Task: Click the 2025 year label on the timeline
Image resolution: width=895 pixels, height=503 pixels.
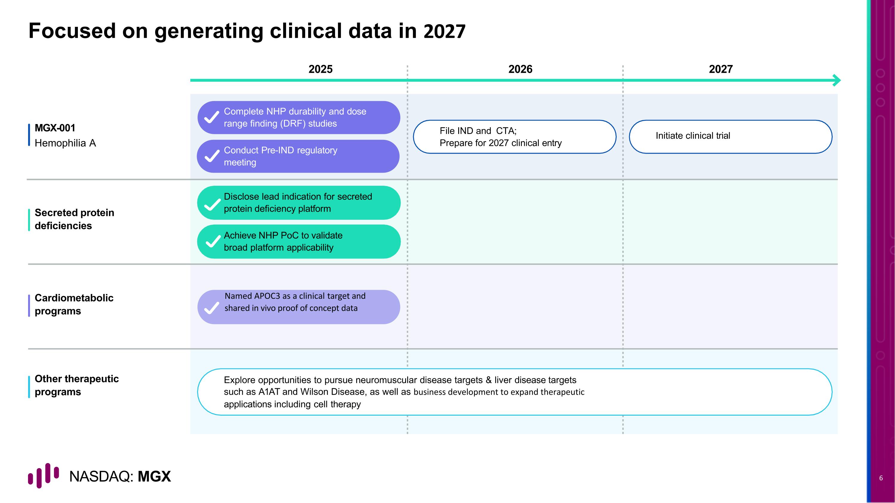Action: point(320,69)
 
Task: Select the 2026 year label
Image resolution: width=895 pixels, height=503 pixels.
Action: point(520,69)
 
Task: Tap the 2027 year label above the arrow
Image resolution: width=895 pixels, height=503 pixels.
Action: point(720,69)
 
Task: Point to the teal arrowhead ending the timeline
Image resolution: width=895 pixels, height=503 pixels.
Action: point(837,80)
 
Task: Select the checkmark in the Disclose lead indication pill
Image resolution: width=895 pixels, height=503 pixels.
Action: point(212,205)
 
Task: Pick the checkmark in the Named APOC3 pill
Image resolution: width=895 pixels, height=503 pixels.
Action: point(212,308)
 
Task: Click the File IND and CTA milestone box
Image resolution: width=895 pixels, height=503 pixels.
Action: point(514,137)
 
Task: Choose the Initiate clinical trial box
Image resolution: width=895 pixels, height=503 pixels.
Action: point(730,137)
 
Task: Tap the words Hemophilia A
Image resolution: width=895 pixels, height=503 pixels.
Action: point(65,143)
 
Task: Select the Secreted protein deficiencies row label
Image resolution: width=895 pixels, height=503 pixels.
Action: point(74,219)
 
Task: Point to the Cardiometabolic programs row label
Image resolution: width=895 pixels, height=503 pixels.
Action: point(74,304)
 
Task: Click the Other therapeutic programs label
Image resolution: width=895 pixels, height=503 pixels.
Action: point(76,385)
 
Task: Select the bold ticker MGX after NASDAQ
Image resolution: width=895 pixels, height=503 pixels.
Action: point(154,476)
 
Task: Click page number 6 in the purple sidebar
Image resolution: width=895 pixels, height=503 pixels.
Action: point(881,478)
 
